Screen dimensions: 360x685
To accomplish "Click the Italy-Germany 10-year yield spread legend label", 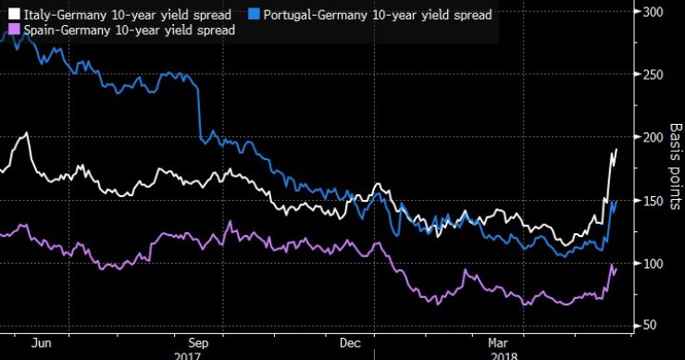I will (124, 14).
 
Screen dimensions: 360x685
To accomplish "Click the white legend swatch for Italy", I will (12, 14).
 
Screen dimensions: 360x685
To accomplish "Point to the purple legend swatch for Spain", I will (12, 31).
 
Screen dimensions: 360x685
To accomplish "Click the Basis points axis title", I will (675, 167).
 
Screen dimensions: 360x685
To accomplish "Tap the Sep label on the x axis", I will (197, 341).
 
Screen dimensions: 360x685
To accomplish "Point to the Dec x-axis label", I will (351, 341).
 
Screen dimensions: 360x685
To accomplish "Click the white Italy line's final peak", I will (641, 149).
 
